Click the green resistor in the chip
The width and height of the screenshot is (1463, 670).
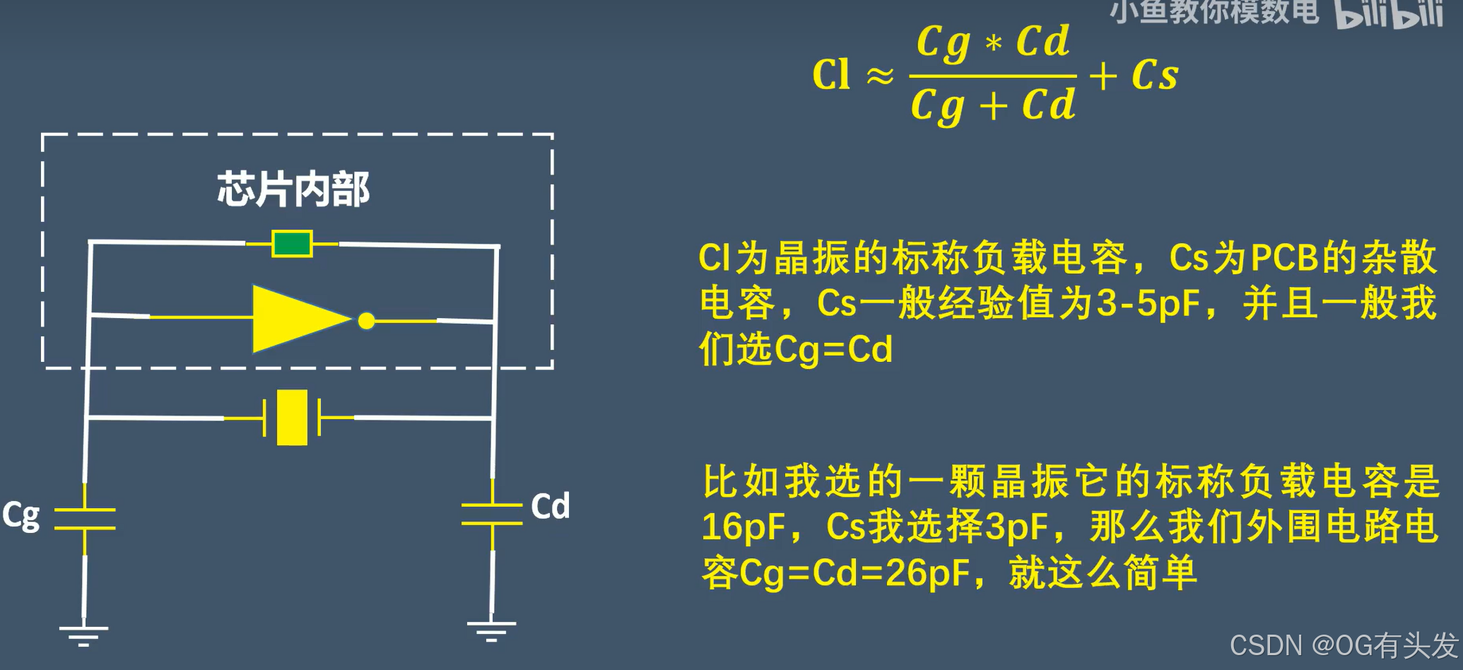[292, 244]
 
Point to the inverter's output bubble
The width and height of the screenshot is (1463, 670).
[366, 321]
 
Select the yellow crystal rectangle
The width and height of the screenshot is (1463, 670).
[292, 418]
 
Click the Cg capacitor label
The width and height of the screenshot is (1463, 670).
[20, 516]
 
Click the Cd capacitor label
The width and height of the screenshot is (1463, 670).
[550, 507]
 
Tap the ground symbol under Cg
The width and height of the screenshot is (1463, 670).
[83, 635]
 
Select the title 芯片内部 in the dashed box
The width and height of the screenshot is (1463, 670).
[293, 189]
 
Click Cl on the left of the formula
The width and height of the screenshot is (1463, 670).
[831, 74]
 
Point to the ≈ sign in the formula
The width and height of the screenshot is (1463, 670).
[880, 76]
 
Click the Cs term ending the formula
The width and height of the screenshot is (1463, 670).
[1154, 75]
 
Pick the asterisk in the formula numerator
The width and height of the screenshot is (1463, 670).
[994, 44]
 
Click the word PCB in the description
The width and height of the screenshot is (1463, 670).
[1283, 258]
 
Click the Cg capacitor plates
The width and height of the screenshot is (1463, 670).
[85, 519]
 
